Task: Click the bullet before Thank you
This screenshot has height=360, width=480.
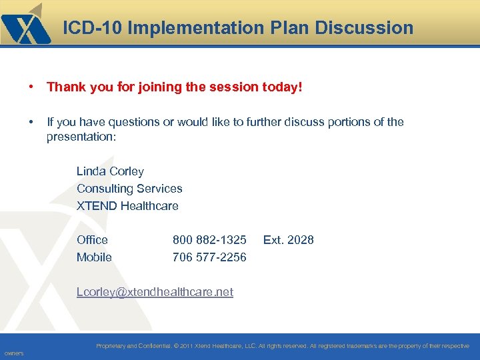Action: click(31, 87)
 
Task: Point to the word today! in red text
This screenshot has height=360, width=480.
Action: click(283, 87)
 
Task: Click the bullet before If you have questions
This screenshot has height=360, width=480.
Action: click(31, 122)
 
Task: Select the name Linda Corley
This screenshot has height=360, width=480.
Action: click(110, 171)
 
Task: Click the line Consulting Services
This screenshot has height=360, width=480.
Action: click(129, 189)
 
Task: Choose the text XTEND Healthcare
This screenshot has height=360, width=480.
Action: click(127, 206)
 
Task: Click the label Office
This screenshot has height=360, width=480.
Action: click(92, 239)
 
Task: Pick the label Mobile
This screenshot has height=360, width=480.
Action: click(94, 257)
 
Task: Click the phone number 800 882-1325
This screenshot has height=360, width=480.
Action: click(209, 239)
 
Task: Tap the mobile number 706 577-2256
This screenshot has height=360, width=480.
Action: click(209, 257)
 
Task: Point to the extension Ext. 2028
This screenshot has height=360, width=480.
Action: click(288, 239)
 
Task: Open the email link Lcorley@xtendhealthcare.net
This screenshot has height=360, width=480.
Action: click(155, 292)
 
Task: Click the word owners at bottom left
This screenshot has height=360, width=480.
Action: click(13, 353)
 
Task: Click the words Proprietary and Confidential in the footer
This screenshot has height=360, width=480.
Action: click(133, 346)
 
